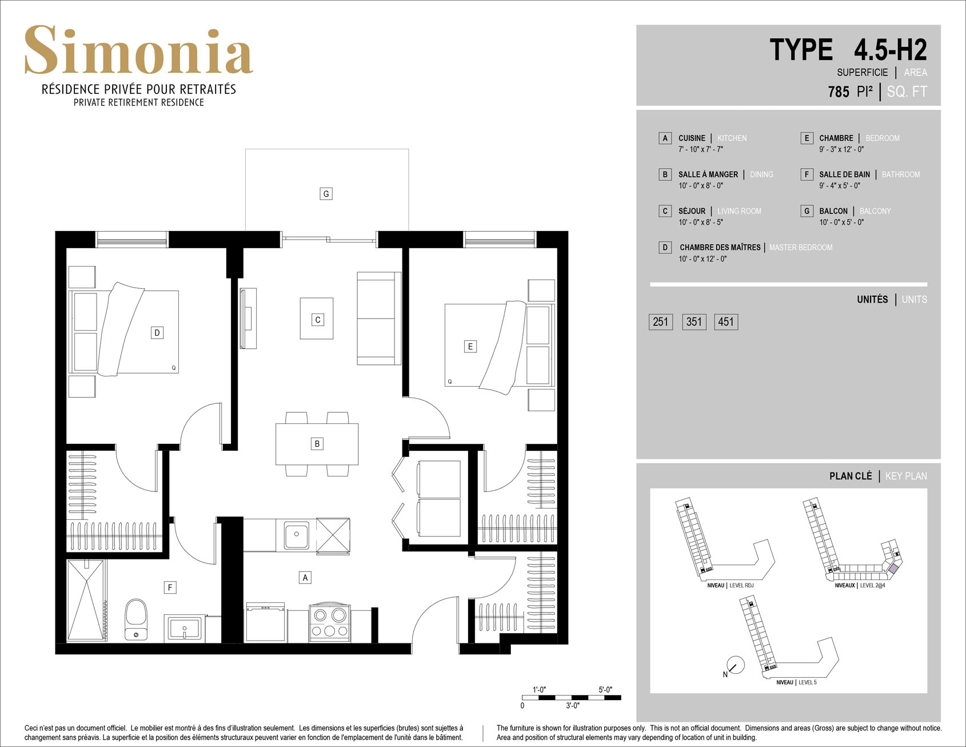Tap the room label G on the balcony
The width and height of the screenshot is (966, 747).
click(x=326, y=194)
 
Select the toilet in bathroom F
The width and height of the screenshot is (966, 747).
click(x=136, y=619)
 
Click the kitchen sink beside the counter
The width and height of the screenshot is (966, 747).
click(x=296, y=535)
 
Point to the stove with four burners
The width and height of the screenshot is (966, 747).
click(x=329, y=622)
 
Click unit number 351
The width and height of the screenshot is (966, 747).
click(x=694, y=321)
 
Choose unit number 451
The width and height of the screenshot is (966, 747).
click(x=726, y=321)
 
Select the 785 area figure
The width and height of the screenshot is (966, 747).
click(x=839, y=92)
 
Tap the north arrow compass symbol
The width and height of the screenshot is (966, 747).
click(x=735, y=665)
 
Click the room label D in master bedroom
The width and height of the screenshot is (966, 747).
click(x=157, y=333)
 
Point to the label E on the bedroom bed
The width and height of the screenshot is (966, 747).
click(x=470, y=346)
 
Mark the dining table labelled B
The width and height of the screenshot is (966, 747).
click(x=317, y=444)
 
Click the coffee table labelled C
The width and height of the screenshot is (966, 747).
click(x=317, y=319)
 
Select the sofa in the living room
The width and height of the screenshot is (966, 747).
click(x=379, y=318)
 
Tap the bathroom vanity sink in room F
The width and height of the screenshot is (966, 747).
click(x=184, y=628)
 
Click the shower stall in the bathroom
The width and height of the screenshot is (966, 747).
click(x=86, y=600)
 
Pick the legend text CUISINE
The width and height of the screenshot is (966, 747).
click(x=692, y=138)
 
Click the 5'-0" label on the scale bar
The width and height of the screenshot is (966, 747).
click(x=605, y=690)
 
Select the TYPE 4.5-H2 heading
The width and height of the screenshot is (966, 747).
click(x=848, y=50)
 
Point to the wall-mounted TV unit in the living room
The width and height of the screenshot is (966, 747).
click(x=248, y=318)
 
